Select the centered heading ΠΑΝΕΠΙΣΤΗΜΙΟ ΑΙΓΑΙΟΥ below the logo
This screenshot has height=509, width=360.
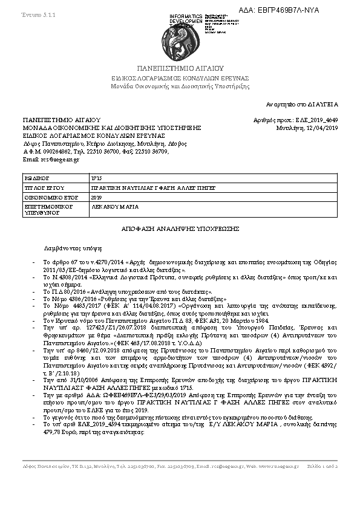tap(180, 68)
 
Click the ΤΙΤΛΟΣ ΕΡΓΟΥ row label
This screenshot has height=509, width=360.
tap(43, 189)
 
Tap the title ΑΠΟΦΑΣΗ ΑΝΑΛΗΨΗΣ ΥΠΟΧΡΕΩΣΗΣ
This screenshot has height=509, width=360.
tap(180, 229)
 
